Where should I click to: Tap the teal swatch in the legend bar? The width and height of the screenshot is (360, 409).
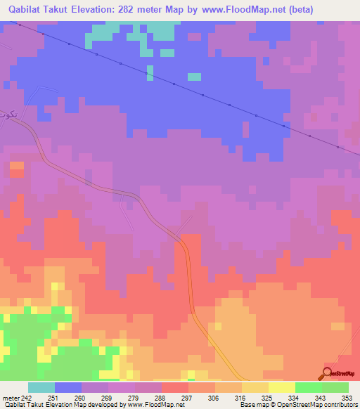pos(41,387)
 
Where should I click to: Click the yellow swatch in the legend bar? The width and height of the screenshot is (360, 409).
pos(281,387)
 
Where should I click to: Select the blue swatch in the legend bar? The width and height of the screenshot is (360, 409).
pos(67,387)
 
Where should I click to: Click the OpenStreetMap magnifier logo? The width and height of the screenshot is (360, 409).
pos(328,373)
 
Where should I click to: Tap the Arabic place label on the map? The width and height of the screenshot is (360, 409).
pos(6,112)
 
